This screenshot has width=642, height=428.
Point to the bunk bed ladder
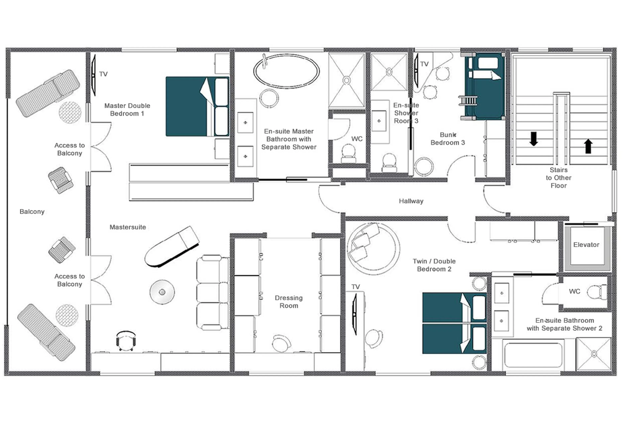[468, 101]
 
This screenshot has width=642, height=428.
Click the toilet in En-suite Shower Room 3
[389, 162]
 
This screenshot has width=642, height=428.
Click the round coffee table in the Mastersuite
[162, 292]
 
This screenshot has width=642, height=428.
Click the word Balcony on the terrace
[32, 212]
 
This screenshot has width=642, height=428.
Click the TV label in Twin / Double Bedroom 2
[355, 287]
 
